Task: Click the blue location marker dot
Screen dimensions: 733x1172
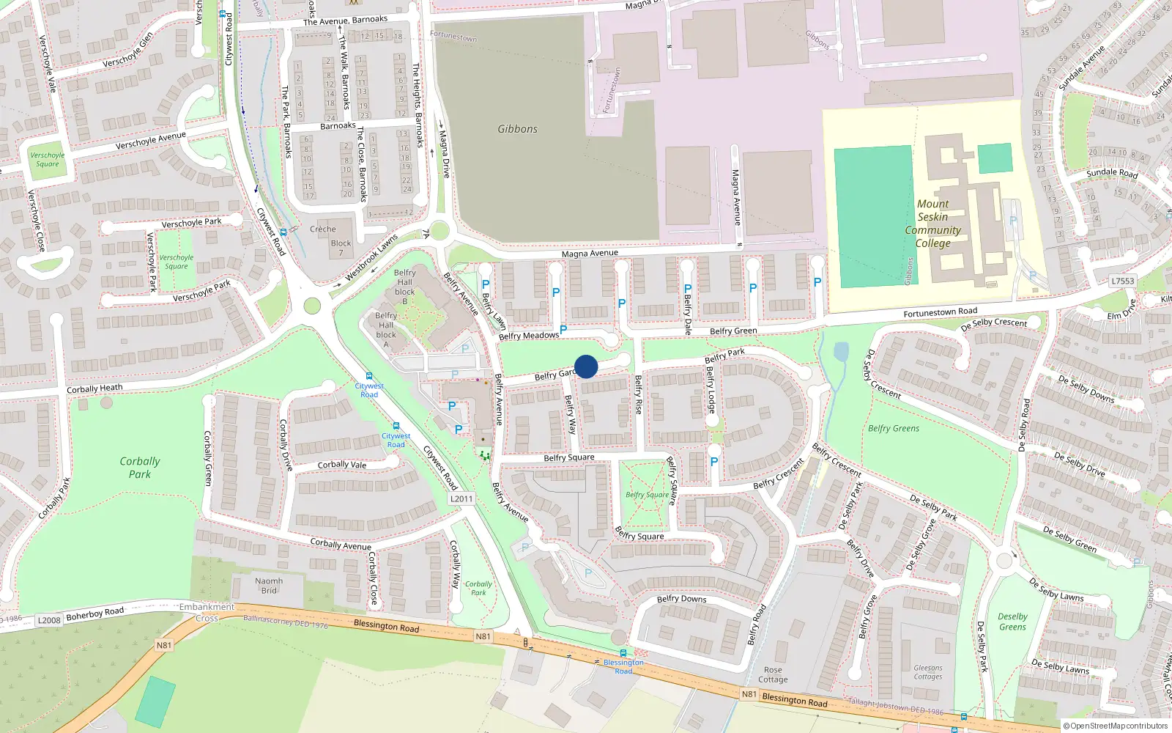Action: tap(586, 366)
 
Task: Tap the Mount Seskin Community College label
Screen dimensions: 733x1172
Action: tap(932, 224)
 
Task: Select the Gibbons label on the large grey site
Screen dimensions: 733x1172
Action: tap(517, 129)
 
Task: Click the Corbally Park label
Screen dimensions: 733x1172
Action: tap(139, 468)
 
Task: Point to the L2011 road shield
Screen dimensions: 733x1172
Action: tap(461, 498)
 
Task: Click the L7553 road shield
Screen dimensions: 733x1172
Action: tap(1122, 281)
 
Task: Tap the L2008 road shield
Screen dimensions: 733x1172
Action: tap(49, 620)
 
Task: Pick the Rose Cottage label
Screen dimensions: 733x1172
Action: tap(773, 674)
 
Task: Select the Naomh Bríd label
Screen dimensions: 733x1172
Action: tap(269, 586)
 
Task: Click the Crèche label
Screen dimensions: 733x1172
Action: tap(322, 229)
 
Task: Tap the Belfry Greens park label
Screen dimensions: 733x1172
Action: tap(894, 428)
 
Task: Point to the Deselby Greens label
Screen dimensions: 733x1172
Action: tap(1012, 622)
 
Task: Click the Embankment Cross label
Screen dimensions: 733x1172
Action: tap(207, 612)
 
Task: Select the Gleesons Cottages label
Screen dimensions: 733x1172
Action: tap(928, 672)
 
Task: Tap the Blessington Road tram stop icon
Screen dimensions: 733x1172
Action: tap(623, 653)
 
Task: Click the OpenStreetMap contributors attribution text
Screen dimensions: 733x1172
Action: tap(1116, 726)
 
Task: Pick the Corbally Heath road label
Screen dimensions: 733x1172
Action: tap(94, 388)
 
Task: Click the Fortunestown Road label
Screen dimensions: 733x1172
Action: tap(940, 312)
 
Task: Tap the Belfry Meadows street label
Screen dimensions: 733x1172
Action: tap(528, 336)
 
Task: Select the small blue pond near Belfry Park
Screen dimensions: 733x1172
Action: tap(841, 353)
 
